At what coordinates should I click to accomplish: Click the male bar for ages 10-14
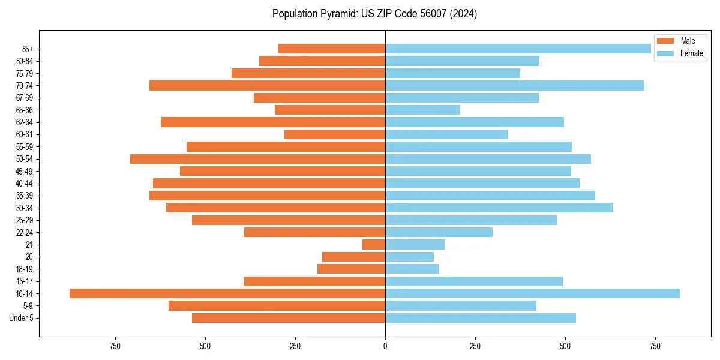click(227, 293)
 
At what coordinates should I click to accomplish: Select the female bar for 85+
click(518, 49)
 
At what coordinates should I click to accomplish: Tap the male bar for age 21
click(374, 244)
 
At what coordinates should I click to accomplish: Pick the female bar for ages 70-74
click(514, 85)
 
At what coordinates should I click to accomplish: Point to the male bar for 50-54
click(257, 159)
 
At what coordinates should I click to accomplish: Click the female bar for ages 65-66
click(422, 110)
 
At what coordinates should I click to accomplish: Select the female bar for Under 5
click(481, 318)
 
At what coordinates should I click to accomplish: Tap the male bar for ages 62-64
click(273, 122)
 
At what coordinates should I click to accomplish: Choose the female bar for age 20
click(409, 257)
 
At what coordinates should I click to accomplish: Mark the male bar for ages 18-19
click(351, 269)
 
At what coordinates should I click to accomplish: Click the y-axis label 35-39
click(25, 196)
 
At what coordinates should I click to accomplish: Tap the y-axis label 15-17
click(25, 281)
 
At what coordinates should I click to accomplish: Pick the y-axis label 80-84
click(25, 61)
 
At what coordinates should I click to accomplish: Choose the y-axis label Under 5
click(22, 318)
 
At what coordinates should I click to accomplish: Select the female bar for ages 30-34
click(499, 208)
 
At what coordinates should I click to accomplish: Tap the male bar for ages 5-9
click(277, 305)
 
